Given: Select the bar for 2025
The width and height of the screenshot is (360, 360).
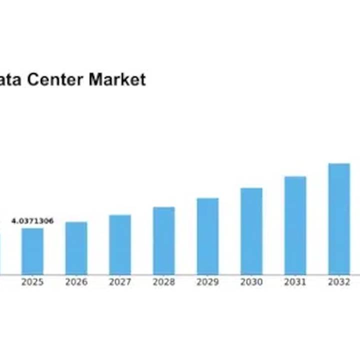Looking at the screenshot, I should [32, 251].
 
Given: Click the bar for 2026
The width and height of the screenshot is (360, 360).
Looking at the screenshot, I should [76, 248].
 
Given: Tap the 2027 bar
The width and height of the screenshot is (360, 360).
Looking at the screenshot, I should [120, 244].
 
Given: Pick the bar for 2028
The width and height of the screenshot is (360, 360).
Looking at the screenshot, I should [164, 240].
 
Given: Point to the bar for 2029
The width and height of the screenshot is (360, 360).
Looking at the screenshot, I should [207, 236].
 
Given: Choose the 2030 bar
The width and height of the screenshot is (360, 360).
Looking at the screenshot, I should [251, 231].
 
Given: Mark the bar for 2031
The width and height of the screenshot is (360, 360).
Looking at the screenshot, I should [295, 225].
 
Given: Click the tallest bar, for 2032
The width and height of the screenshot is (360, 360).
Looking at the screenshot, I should [339, 218].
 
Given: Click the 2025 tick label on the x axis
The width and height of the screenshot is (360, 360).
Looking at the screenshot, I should [32, 282].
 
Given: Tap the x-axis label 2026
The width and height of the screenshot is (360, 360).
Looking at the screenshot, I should [76, 282].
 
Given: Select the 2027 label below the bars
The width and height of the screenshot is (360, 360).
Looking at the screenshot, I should [120, 282].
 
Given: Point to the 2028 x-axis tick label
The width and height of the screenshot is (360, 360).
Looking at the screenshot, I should [164, 282].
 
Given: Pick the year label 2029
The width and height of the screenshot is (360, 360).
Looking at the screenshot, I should [207, 282].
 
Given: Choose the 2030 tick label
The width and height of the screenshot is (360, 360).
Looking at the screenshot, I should [251, 282].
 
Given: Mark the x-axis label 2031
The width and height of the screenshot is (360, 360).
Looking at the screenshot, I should [295, 282].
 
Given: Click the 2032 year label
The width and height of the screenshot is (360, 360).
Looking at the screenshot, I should [339, 282].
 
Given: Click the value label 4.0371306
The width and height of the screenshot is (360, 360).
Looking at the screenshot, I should [32, 221].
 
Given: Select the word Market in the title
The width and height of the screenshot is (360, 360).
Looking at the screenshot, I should [117, 79].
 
